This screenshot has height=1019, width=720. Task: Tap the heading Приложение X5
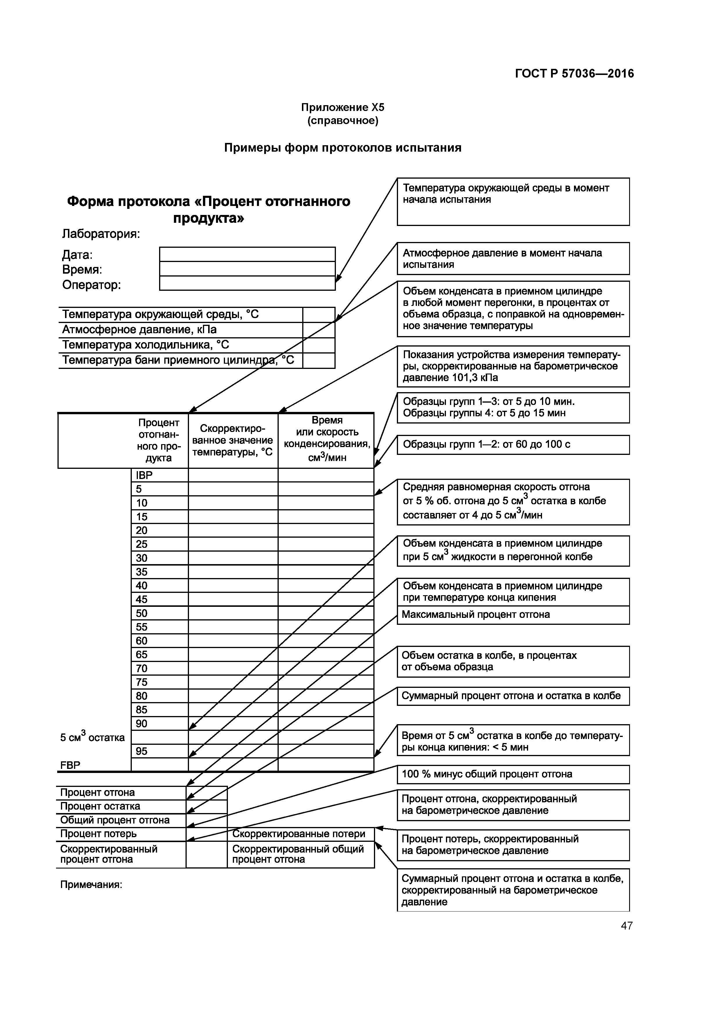[343, 107]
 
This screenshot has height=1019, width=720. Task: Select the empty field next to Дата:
[247, 254]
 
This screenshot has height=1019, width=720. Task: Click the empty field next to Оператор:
[247, 284]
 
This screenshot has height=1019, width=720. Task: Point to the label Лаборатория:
[101, 234]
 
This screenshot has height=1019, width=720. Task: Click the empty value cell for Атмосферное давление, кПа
[318, 330]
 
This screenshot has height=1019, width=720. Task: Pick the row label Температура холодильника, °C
[145, 345]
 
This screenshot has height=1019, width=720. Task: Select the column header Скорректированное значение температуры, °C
[233, 440]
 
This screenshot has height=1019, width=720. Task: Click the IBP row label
[145, 475]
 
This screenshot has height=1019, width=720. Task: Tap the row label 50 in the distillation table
[142, 613]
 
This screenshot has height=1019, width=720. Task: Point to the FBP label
[70, 765]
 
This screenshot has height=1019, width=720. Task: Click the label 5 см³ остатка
[92, 737]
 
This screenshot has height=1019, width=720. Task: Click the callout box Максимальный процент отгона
[513, 615]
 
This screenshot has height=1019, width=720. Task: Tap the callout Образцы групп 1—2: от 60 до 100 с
[513, 444]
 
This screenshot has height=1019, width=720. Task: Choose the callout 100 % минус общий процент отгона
[513, 774]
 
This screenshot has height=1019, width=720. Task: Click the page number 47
[627, 926]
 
